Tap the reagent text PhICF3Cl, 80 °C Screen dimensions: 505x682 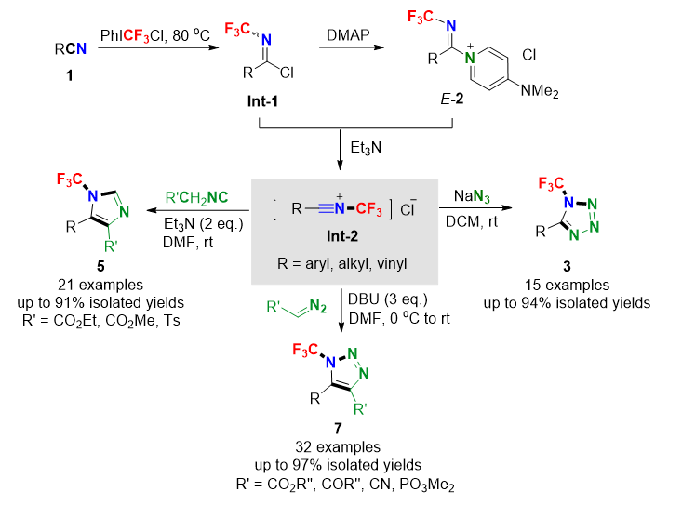[155, 37]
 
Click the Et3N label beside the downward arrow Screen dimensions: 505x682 [362, 147]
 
